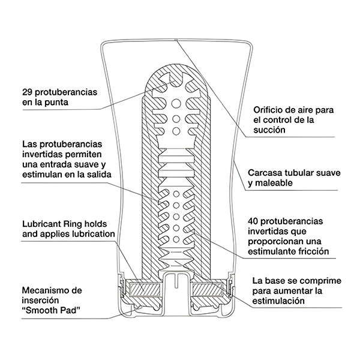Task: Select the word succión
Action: pos(268,130)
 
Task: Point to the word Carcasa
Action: pos(266,173)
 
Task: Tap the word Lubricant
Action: pos(41,222)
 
